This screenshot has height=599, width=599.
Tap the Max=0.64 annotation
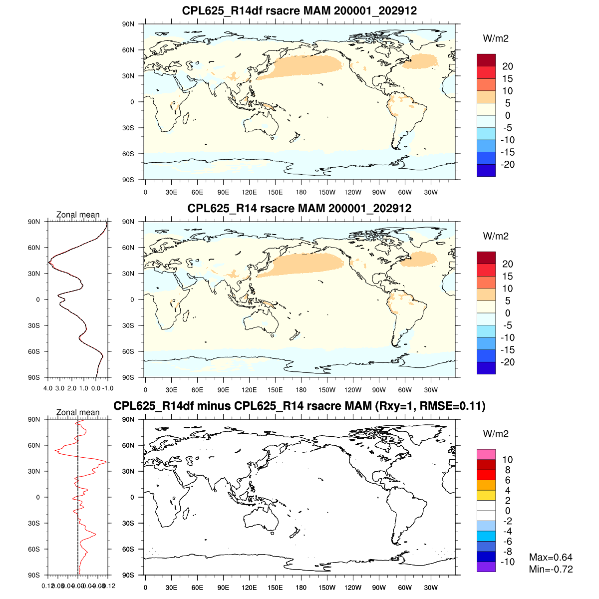pyautogui.click(x=551, y=558)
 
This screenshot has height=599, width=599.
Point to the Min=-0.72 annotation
pyautogui.click(x=551, y=570)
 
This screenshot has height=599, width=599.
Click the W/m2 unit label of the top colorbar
pyautogui.click(x=496, y=38)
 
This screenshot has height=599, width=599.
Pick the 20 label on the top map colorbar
pyautogui.click(x=507, y=66)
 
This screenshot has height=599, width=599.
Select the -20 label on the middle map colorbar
pyautogui.click(x=507, y=362)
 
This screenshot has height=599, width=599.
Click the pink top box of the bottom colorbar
pyautogui.click(x=486, y=454)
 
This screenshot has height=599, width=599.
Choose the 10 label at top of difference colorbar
pyautogui.click(x=507, y=460)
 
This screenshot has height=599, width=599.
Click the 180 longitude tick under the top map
pyautogui.click(x=301, y=192)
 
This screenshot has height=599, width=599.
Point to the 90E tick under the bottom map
pyautogui.click(x=223, y=588)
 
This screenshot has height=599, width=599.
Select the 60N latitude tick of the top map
pyautogui.click(x=128, y=50)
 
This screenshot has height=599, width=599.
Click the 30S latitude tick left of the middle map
pyautogui.click(x=128, y=325)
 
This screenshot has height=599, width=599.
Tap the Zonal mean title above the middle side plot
pyautogui.click(x=78, y=215)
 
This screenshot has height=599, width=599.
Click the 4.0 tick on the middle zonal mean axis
pyautogui.click(x=48, y=388)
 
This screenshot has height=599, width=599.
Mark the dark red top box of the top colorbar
pyautogui.click(x=486, y=60)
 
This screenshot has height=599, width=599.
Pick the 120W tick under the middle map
pyautogui.click(x=353, y=390)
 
